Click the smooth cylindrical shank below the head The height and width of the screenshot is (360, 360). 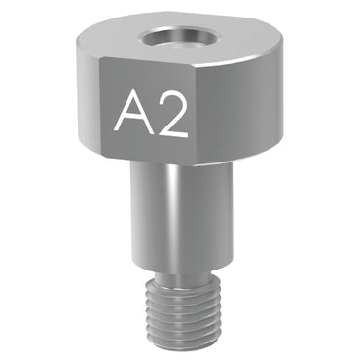pyautogui.click(x=179, y=214)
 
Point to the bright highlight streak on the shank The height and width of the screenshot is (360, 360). pyautogui.click(x=170, y=214)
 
